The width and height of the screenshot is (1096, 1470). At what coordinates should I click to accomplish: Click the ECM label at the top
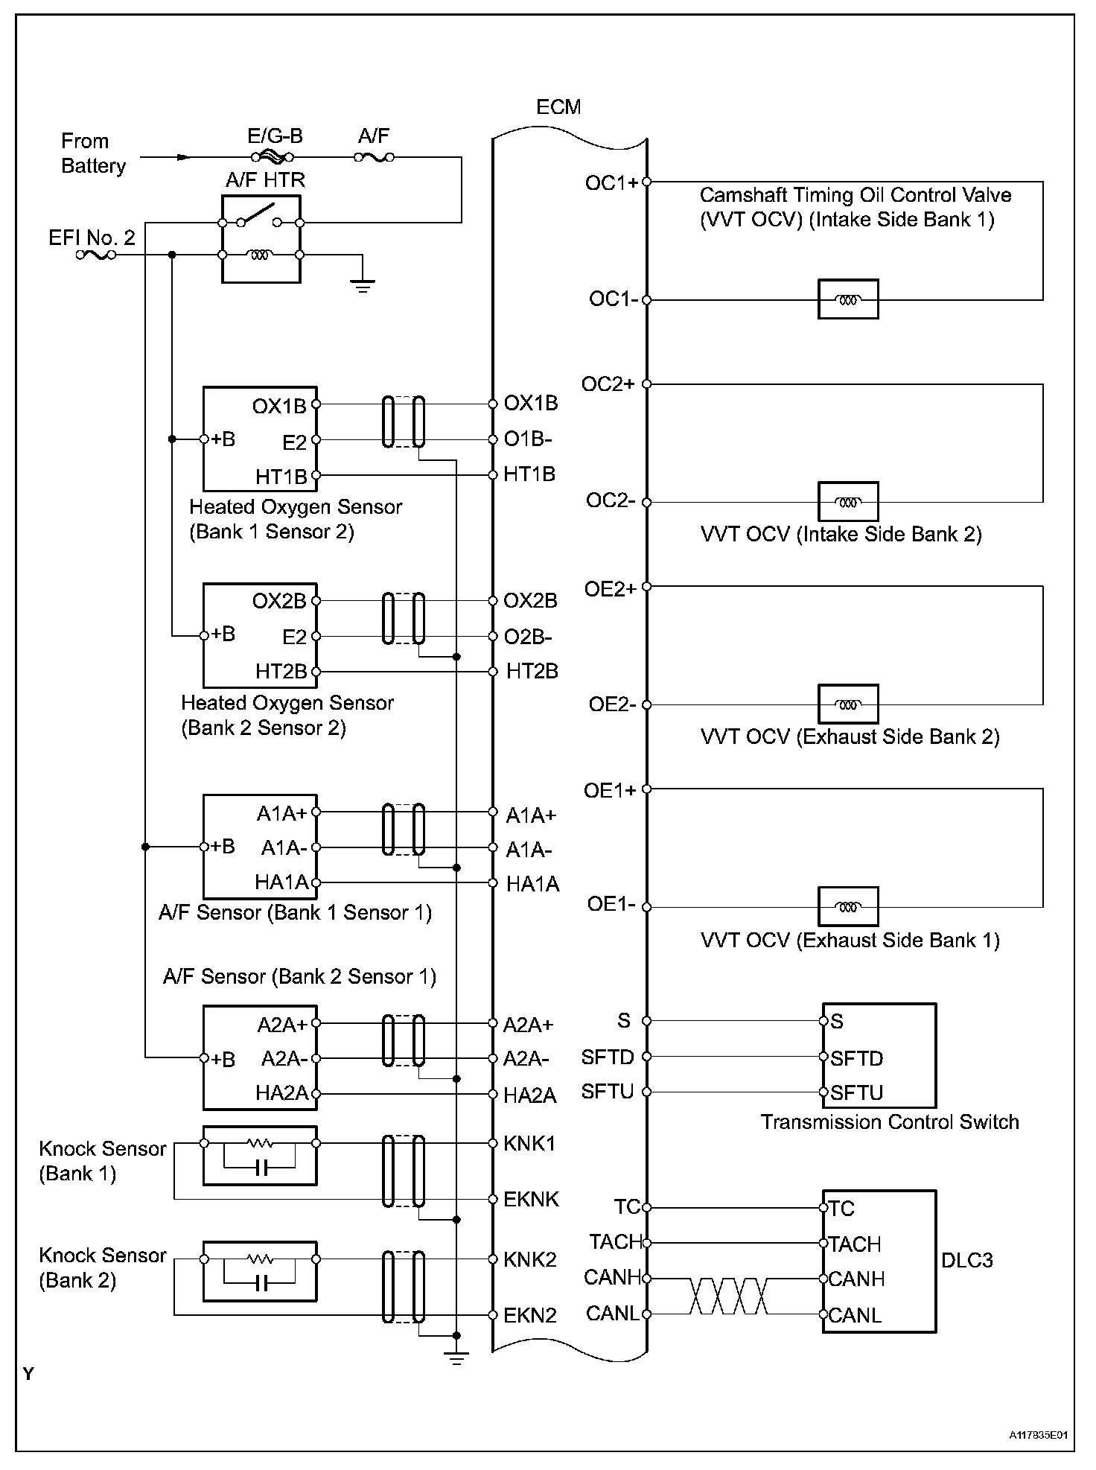[558, 107]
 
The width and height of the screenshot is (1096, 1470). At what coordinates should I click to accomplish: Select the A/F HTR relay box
[261, 239]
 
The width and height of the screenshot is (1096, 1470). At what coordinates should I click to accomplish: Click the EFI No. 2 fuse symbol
[96, 255]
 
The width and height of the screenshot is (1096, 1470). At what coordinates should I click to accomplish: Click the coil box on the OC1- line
[848, 299]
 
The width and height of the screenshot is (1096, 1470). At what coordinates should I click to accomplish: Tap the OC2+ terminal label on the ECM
[608, 384]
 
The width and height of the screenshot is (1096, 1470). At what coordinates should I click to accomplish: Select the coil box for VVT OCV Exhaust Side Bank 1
[848, 906]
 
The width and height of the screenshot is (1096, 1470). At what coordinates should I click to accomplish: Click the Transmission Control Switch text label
[890, 1122]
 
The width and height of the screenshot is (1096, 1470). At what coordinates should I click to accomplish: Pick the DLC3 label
[966, 1261]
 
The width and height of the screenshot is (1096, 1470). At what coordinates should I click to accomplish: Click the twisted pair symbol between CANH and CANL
[729, 1296]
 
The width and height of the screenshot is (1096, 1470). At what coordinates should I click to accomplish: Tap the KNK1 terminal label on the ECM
[529, 1144]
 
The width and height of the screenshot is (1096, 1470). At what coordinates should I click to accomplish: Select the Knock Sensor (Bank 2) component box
[260, 1270]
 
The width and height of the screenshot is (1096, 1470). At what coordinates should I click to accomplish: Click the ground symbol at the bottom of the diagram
[456, 1358]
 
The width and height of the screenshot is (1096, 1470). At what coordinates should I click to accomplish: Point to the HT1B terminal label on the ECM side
[529, 474]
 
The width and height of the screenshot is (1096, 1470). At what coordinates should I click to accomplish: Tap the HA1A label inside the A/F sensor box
[281, 882]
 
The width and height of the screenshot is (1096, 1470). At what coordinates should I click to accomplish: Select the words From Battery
[93, 153]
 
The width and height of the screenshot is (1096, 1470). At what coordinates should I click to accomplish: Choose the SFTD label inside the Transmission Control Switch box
[856, 1058]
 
